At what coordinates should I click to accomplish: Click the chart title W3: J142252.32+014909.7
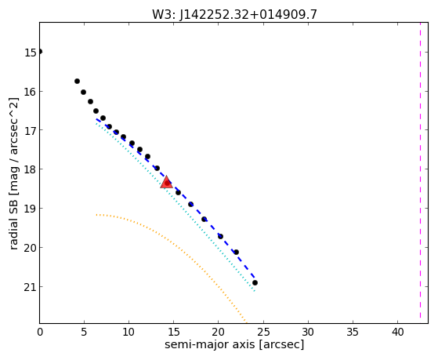[x=234, y=15]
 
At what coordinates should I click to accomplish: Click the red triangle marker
[x=166, y=182]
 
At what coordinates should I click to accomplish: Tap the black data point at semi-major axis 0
[x=40, y=52]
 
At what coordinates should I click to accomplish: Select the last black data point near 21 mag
[x=255, y=283]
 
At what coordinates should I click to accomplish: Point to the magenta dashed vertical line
[x=420, y=173]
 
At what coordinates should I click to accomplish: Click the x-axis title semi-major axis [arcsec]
[x=234, y=344]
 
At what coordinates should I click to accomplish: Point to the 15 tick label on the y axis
[x=31, y=53]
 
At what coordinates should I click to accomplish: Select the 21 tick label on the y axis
[x=31, y=287]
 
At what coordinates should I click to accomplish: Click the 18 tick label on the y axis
[x=31, y=169]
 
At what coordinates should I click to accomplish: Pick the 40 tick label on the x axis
[x=397, y=332]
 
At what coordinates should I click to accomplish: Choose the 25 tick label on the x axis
[x=263, y=332]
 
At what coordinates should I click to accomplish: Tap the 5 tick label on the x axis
[x=84, y=332]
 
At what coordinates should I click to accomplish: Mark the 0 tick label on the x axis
[x=40, y=332]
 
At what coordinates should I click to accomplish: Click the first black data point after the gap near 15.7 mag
[x=77, y=81]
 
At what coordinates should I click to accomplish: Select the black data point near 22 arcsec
[x=236, y=252]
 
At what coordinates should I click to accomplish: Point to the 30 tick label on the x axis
[x=308, y=332]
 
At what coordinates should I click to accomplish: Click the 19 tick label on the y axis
[x=31, y=209]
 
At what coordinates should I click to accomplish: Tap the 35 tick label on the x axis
[x=353, y=332]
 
